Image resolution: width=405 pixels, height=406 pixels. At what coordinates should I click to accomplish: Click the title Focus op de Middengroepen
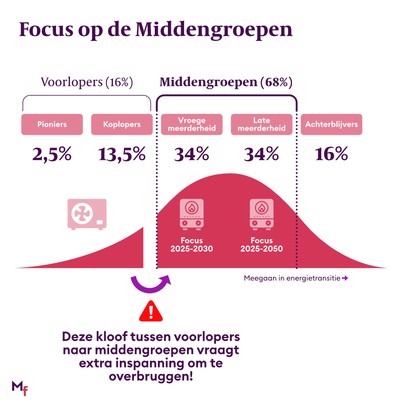tap(156, 30)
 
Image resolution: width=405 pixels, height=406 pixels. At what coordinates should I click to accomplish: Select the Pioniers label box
tap(52, 125)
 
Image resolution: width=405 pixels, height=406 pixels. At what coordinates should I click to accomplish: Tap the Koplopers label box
tap(122, 125)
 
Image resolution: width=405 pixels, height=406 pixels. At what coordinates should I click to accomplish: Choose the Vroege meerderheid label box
tap(192, 125)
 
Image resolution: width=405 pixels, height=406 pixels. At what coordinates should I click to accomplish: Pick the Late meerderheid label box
tap(261, 125)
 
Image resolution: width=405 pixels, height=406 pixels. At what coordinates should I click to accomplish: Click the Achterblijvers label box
tap(331, 125)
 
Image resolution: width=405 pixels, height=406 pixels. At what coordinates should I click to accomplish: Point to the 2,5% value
tap(52, 155)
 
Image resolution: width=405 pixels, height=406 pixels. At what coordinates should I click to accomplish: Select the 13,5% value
tap(122, 155)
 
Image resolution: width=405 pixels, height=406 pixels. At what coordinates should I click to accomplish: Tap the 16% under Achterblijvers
tap(331, 155)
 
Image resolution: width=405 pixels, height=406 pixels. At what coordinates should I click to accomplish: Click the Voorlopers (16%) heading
tap(87, 82)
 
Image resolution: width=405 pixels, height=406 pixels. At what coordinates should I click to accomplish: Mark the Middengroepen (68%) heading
tap(226, 82)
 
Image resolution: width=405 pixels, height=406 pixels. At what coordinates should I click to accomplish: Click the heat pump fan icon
tap(87, 214)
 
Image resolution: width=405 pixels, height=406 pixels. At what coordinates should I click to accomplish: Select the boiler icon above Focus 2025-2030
tap(192, 214)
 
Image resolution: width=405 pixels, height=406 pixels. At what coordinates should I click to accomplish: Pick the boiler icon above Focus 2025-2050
tap(261, 214)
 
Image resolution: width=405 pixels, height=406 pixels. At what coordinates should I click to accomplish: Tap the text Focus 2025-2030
tap(192, 245)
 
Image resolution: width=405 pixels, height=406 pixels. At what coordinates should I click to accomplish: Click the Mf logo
tap(20, 388)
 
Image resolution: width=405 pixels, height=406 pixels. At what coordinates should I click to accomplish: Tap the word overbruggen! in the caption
tap(150, 377)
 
